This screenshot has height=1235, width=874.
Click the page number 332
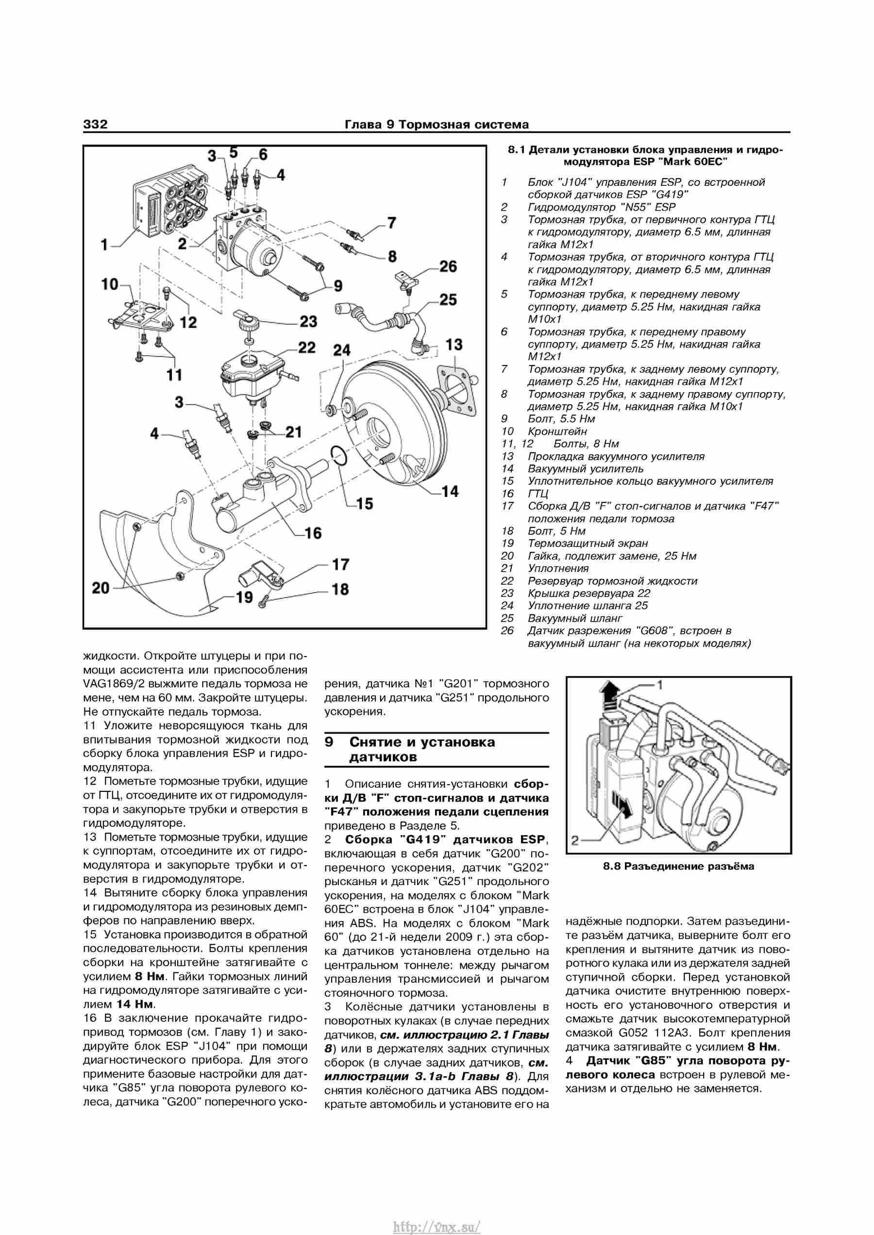point(95,124)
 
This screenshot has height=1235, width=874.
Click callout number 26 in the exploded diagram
point(448,266)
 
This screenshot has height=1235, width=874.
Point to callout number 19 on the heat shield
point(244,597)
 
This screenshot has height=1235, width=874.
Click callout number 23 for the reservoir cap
point(308,322)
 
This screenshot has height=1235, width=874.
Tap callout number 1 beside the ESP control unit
point(104,245)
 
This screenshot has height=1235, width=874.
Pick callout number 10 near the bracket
point(110,284)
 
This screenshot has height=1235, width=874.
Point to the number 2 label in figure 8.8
point(575,840)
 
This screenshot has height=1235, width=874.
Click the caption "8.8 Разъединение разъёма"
point(678,866)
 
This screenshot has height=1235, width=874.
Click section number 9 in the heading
point(329,742)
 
